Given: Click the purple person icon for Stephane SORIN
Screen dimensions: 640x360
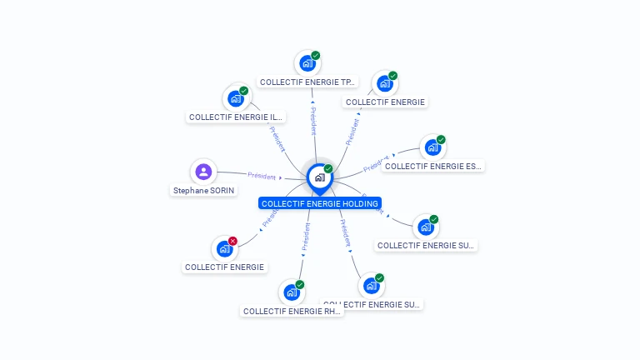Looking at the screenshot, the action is [x=203, y=172].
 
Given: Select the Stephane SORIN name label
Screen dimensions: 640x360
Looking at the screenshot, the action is [x=203, y=190].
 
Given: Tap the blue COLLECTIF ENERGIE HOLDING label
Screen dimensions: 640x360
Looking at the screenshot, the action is [x=320, y=203].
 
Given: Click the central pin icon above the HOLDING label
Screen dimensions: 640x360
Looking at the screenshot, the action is [x=319, y=177].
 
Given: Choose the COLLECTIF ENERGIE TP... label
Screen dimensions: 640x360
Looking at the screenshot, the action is [x=307, y=82].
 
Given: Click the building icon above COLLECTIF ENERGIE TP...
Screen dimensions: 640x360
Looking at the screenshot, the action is [x=307, y=62].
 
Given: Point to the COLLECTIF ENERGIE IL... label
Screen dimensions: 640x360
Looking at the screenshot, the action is [x=237, y=117].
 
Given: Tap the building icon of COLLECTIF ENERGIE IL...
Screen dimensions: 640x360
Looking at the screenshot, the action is [x=236, y=98].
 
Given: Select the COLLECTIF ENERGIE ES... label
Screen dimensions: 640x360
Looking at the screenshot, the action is [x=432, y=167].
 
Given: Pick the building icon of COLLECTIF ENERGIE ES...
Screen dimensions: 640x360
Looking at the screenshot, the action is [x=432, y=147].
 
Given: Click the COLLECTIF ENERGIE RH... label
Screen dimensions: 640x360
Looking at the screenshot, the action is [x=291, y=312].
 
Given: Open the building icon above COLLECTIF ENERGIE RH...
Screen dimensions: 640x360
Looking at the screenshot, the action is [x=291, y=292].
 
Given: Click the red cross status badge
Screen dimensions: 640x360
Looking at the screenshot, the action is [x=232, y=241].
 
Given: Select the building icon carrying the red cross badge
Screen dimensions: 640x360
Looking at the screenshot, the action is [x=224, y=248].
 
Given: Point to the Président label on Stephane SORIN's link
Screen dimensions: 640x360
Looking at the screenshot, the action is [x=262, y=176].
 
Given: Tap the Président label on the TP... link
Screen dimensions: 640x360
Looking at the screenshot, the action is [x=313, y=121].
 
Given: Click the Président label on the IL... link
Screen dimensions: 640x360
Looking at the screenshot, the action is [x=277, y=138].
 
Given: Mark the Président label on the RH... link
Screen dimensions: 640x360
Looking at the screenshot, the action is [x=306, y=236].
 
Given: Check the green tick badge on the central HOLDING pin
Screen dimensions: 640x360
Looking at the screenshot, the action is [x=328, y=168].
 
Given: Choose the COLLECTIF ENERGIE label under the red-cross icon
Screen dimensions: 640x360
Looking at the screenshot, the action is [x=224, y=267].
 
